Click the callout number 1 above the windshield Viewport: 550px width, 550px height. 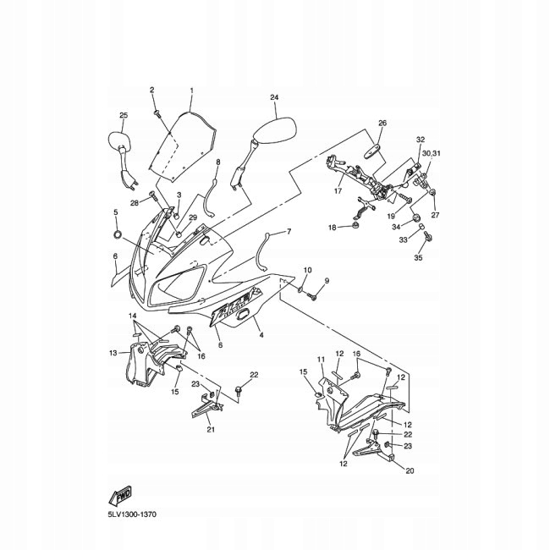191,91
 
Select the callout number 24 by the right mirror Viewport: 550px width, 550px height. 274,98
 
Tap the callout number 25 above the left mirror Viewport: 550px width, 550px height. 123,115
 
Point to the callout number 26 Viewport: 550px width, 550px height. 382,124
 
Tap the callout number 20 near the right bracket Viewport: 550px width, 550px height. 410,470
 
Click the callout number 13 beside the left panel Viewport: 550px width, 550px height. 113,352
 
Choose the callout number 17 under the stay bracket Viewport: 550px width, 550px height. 338,191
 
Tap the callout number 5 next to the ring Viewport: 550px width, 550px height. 116,212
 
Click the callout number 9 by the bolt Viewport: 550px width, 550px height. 327,280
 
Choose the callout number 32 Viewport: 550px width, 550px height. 420,139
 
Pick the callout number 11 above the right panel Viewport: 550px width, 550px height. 322,360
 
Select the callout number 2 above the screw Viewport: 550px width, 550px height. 152,90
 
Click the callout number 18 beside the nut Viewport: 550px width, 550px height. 333,228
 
